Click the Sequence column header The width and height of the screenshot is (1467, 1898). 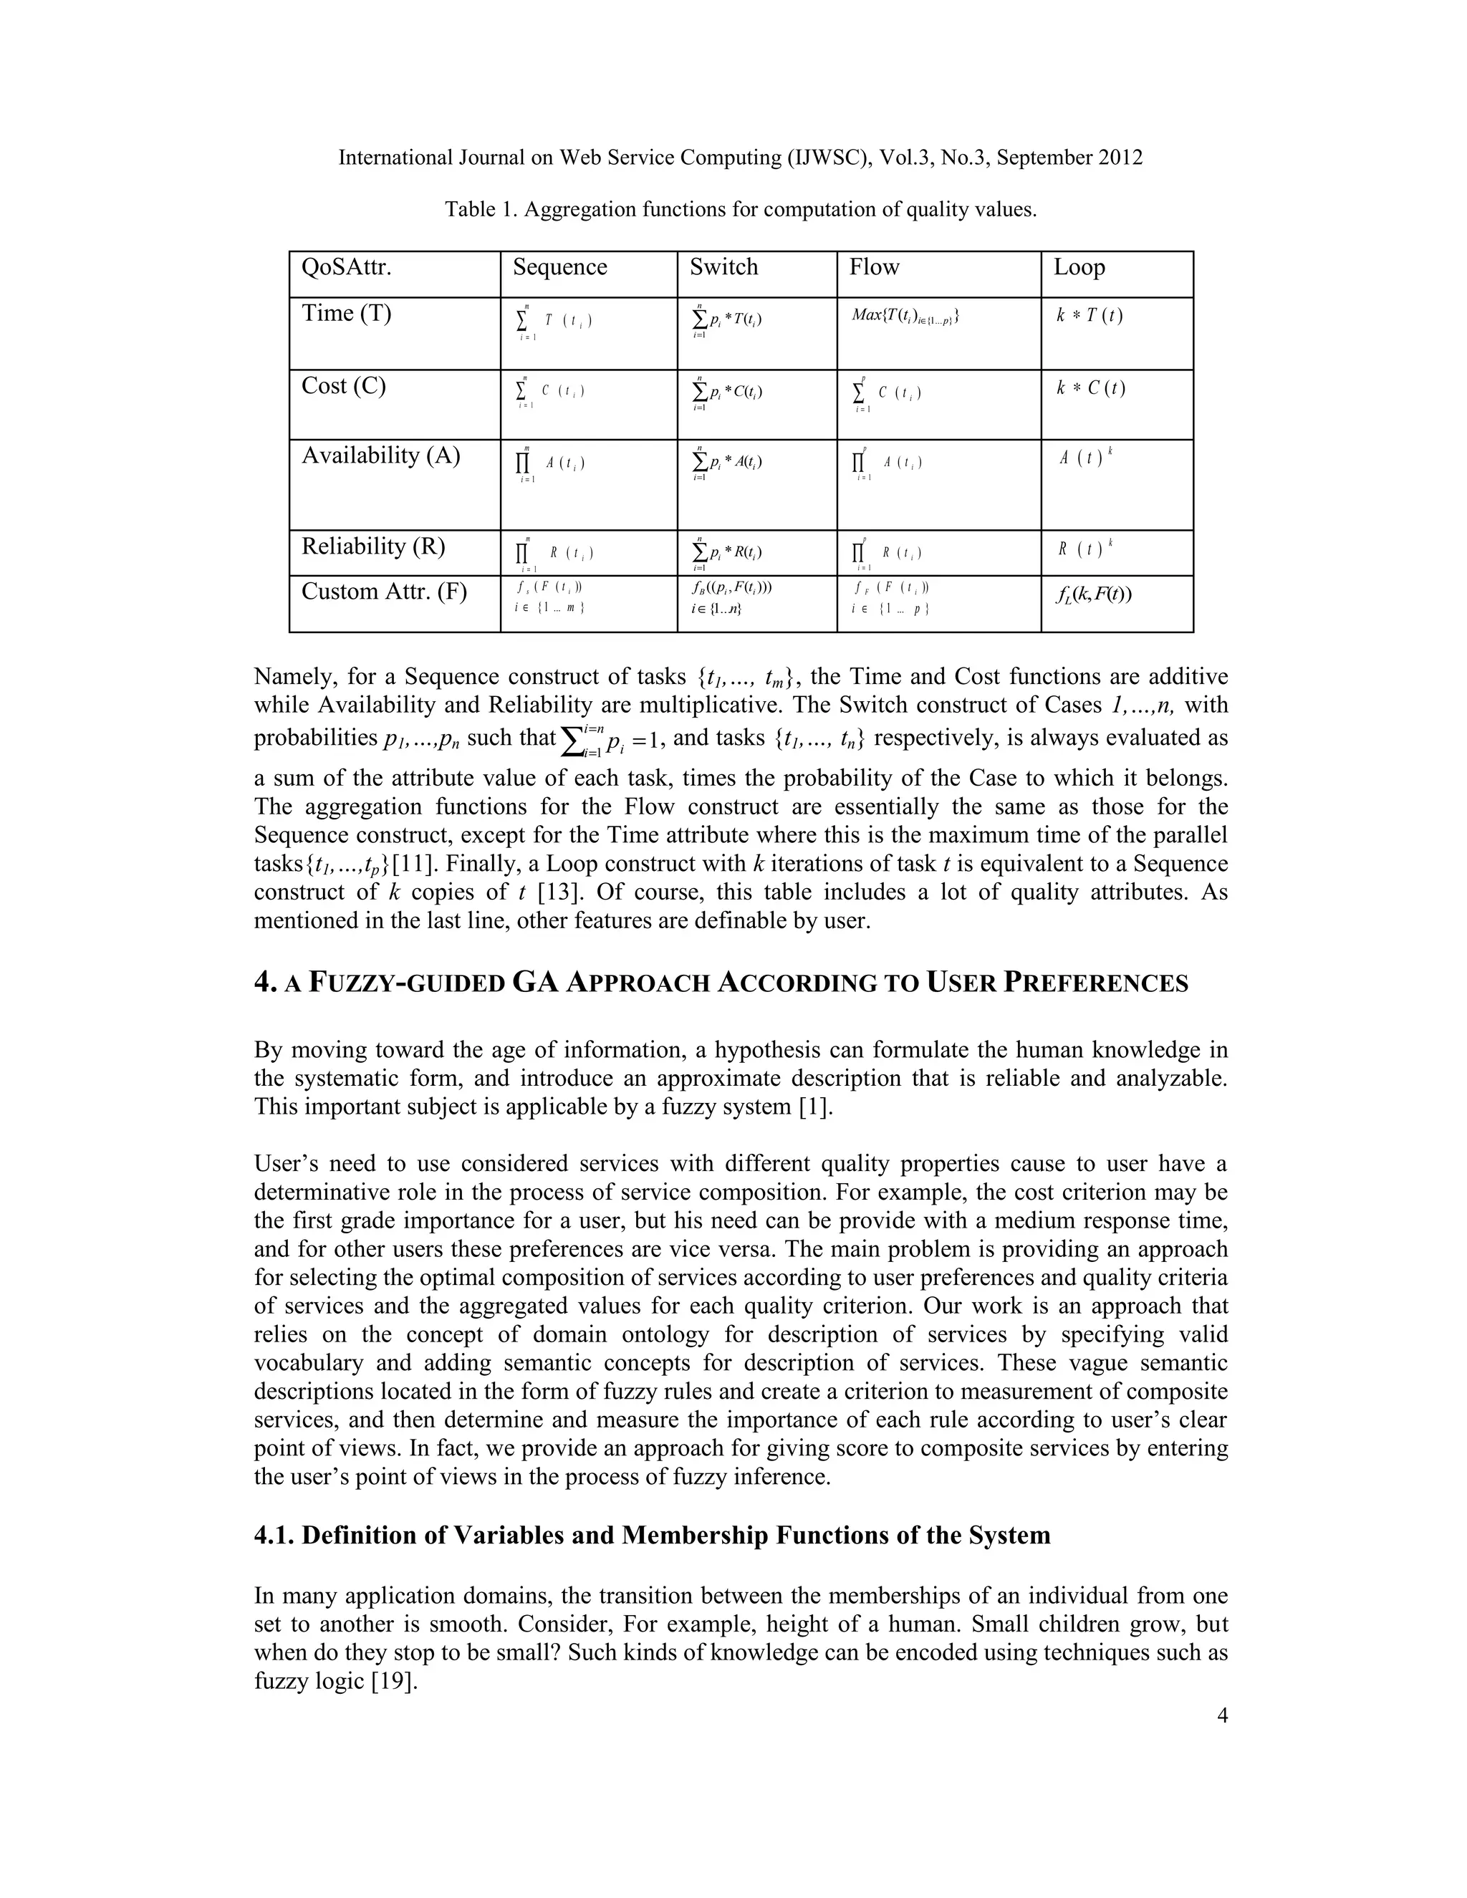click(x=559, y=267)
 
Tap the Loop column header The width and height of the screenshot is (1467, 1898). click(x=1079, y=267)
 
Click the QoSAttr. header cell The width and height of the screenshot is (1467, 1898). click(x=346, y=267)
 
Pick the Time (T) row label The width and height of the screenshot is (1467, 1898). click(x=346, y=314)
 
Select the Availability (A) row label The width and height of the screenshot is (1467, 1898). click(x=380, y=456)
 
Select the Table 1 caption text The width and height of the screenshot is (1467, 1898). click(x=741, y=209)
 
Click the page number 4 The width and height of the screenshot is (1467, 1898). click(x=1222, y=1715)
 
